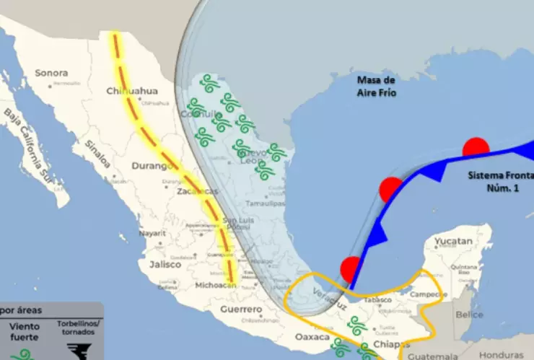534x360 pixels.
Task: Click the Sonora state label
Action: tap(51, 73)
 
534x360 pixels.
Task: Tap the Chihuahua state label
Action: tap(131, 91)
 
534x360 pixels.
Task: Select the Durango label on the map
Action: tap(149, 166)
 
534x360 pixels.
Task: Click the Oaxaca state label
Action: tap(312, 337)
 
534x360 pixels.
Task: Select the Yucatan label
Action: tap(455, 242)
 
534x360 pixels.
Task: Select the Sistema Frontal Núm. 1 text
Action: tap(499, 181)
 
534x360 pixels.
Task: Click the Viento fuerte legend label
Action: tap(24, 331)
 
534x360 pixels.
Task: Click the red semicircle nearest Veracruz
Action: tap(350, 269)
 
